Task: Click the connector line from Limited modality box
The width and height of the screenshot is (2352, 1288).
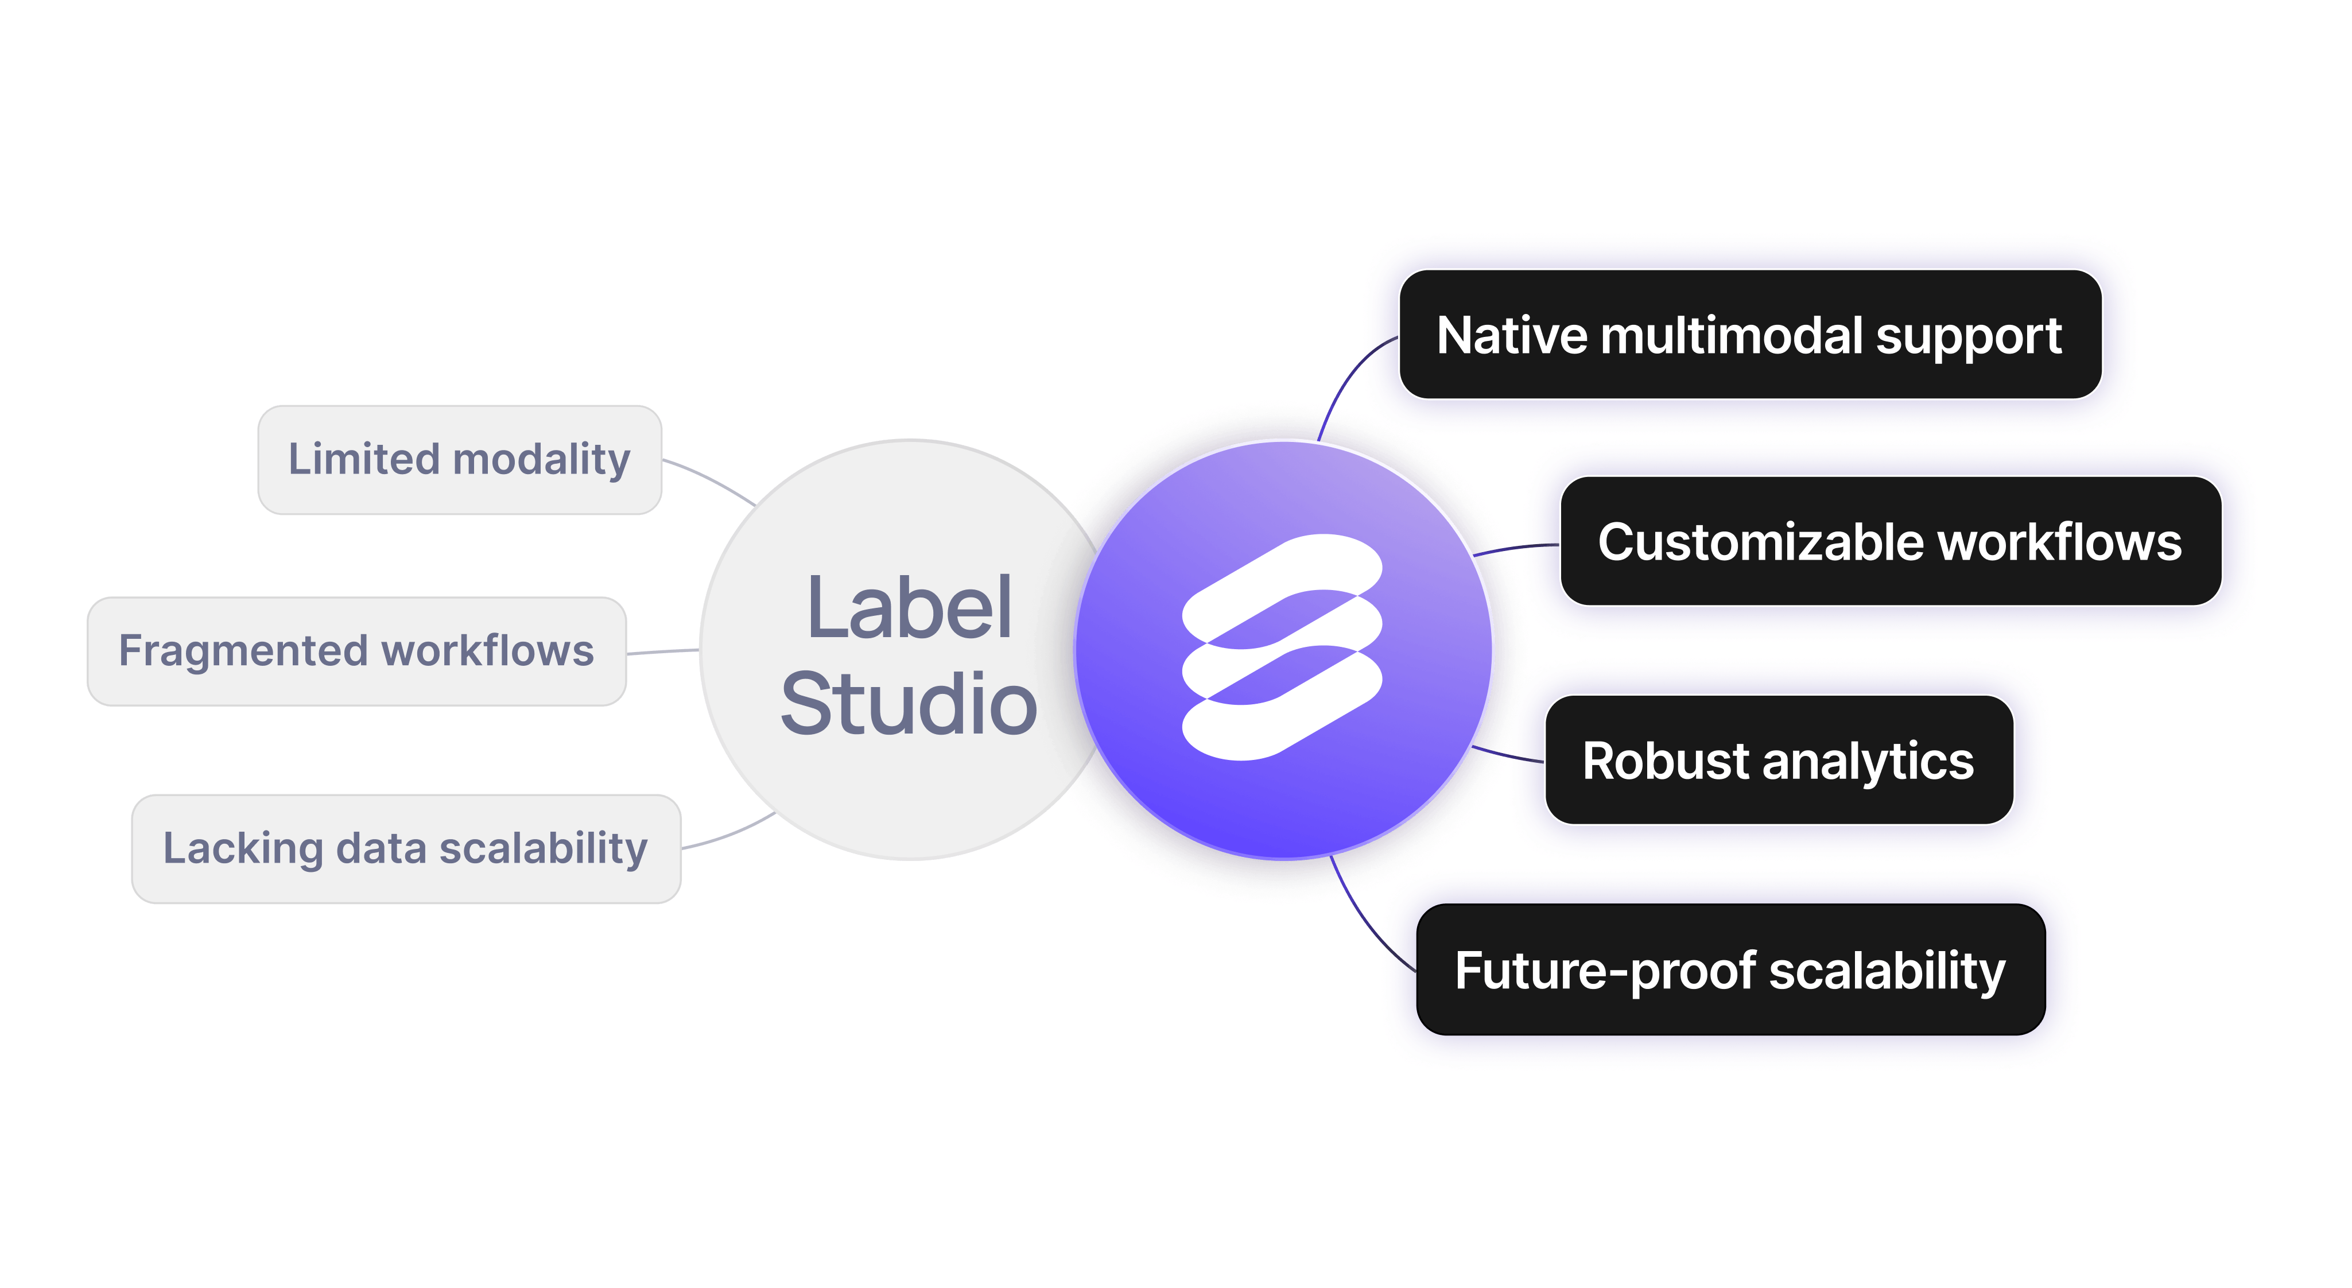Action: point(711,478)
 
